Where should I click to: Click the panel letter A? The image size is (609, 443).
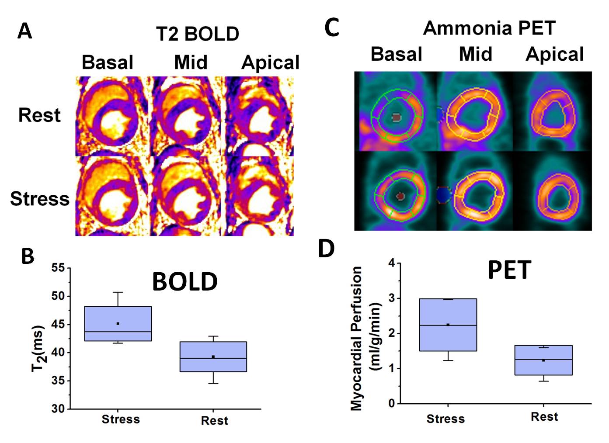(25, 31)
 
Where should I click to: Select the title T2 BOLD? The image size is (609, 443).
(198, 34)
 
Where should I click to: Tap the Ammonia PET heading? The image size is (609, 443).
(489, 28)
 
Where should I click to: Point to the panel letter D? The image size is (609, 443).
(326, 249)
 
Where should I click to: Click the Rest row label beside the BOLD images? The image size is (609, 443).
(39, 115)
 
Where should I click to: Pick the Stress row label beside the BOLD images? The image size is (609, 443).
(40, 199)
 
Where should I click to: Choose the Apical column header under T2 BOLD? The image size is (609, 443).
(270, 62)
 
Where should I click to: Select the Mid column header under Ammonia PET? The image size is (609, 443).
(475, 54)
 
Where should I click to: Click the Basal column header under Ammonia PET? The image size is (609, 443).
(396, 54)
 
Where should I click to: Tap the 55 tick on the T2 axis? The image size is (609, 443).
(58, 268)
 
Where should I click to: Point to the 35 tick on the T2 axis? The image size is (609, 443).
(58, 381)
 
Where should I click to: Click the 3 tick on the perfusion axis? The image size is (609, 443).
(391, 298)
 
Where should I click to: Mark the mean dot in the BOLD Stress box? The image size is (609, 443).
(118, 324)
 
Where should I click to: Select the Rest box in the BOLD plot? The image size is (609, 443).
(213, 356)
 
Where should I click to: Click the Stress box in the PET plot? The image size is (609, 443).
(448, 325)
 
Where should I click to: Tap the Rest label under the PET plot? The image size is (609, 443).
(544, 417)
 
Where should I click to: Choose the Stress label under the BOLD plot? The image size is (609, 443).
(121, 419)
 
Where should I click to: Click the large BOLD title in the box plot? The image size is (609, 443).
(185, 282)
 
